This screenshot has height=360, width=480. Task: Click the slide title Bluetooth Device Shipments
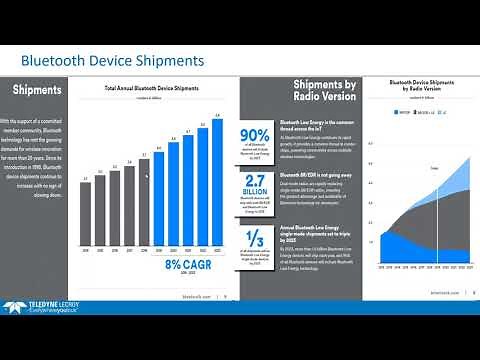[x=112, y=61]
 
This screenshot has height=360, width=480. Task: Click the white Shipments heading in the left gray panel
[x=37, y=90]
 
